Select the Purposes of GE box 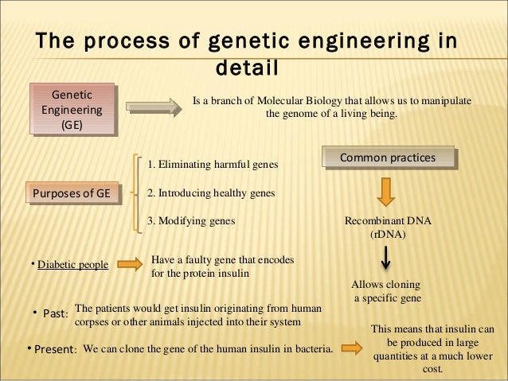pos(71,193)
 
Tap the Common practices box pos(388,158)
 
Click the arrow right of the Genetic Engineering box pos(152,105)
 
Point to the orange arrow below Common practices pos(386,192)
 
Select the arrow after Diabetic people pos(131,264)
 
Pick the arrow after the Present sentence pos(351,347)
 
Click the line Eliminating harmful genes pos(213,165)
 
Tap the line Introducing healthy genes pos(211,193)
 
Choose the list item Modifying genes pos(192,222)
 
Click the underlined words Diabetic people pos(72,265)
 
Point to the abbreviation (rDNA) pos(388,235)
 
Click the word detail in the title pos(247,68)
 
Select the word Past pos(54,313)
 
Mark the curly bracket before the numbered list pos(140,192)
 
